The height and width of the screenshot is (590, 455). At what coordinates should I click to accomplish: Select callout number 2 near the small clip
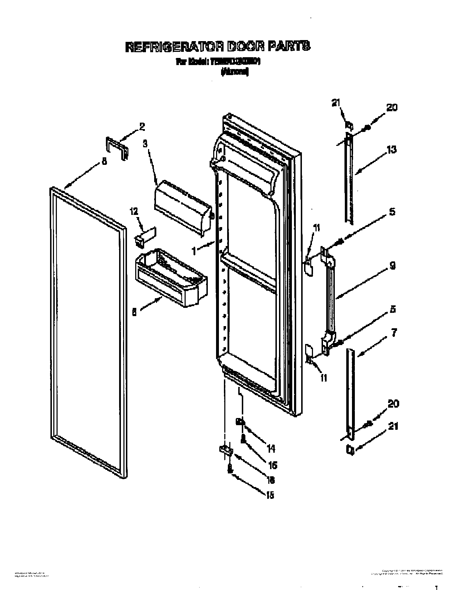pyautogui.click(x=142, y=126)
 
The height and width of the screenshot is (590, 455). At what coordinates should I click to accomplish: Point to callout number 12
pyautogui.click(x=134, y=212)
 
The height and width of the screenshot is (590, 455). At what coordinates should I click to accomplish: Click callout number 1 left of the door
pyautogui.click(x=194, y=251)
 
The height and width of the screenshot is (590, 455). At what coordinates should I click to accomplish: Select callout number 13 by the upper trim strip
pyautogui.click(x=392, y=149)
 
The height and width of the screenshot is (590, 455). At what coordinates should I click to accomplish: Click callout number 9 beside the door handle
pyautogui.click(x=392, y=266)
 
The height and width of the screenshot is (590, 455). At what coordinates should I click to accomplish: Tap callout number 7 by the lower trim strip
pyautogui.click(x=393, y=334)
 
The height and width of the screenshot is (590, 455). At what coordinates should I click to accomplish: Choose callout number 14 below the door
pyautogui.click(x=271, y=448)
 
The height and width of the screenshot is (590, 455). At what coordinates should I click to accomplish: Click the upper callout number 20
pyautogui.click(x=392, y=107)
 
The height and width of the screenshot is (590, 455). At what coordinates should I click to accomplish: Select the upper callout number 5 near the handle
pyautogui.click(x=392, y=212)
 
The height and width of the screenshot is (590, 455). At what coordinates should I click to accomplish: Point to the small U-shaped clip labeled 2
pyautogui.click(x=117, y=148)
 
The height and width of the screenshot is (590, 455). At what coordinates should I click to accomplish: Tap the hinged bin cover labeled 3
pyautogui.click(x=182, y=206)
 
